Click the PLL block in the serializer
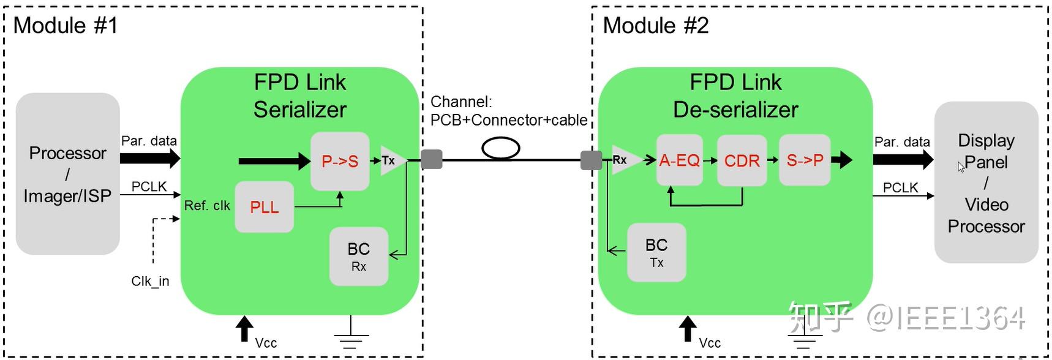(x=265, y=207)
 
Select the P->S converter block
(x=340, y=161)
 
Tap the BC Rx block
(x=359, y=257)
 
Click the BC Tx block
(x=656, y=252)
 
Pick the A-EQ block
(x=680, y=160)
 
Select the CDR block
(x=742, y=160)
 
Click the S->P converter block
(x=805, y=160)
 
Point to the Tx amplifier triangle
(x=392, y=160)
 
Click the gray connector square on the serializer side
(x=432, y=160)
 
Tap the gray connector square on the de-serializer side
(x=591, y=160)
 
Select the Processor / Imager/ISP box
(x=67, y=174)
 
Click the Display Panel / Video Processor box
(x=986, y=182)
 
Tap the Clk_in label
(x=150, y=281)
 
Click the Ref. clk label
(x=207, y=206)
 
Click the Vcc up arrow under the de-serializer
(x=688, y=329)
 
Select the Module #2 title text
(x=656, y=25)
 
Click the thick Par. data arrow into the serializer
(x=150, y=158)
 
